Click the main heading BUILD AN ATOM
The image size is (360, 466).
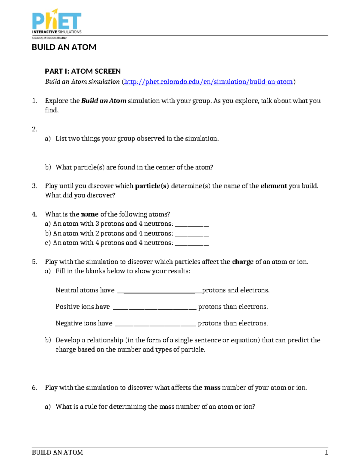[64, 47]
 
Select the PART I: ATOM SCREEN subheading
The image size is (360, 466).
[83, 71]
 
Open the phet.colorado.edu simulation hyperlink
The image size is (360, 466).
[208, 82]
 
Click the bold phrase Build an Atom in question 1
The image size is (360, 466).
[104, 101]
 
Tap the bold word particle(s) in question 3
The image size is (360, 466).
[152, 186]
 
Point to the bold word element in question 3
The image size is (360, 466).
[274, 186]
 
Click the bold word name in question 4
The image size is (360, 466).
[90, 214]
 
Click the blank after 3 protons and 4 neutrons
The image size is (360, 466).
[191, 224]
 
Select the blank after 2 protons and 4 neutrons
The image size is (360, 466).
[191, 234]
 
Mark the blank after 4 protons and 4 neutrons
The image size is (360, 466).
[191, 243]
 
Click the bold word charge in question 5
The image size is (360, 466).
[243, 262]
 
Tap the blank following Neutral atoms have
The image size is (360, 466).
[160, 291]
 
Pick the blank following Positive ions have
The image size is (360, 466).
[155, 308]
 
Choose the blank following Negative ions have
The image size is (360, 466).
[156, 324]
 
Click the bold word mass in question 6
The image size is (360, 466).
[212, 388]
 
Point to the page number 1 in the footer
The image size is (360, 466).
[326, 452]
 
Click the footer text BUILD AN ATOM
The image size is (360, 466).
[57, 452]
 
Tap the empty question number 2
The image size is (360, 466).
[34, 129]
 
